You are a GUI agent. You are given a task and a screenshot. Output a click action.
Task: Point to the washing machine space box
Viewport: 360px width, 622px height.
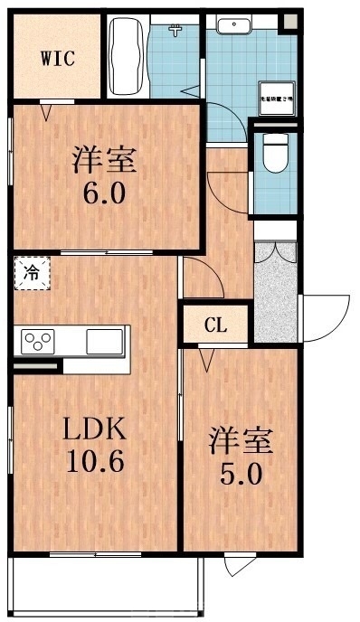click(276, 100)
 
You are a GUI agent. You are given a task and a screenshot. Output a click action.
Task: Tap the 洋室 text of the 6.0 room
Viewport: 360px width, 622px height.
click(104, 161)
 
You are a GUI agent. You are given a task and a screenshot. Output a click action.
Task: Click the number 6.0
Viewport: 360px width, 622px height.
click(104, 194)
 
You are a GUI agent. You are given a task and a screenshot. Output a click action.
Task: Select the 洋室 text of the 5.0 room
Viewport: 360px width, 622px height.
click(242, 443)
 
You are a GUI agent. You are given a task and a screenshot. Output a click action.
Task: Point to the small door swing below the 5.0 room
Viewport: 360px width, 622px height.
click(239, 566)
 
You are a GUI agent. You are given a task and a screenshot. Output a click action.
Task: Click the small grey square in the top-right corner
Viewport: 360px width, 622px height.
click(290, 22)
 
